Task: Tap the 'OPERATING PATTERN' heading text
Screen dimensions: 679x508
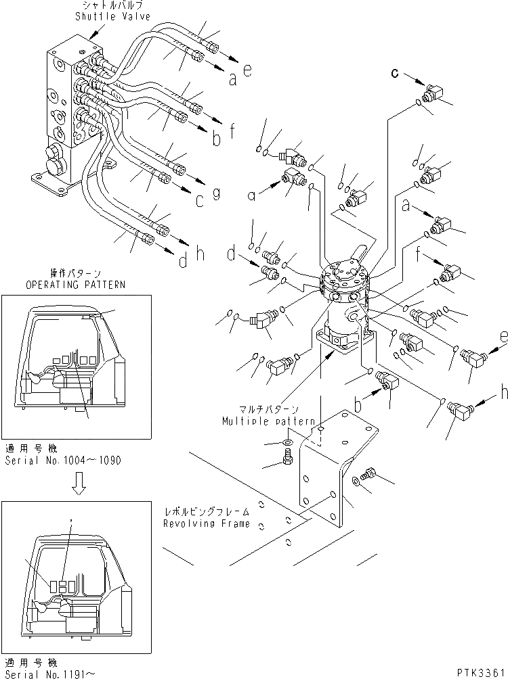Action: (75, 285)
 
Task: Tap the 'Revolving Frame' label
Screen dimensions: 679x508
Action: (206, 523)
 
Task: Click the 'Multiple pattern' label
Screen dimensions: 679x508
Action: (268, 420)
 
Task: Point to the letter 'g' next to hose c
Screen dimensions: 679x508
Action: (217, 193)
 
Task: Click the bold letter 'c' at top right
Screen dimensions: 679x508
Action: (394, 72)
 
